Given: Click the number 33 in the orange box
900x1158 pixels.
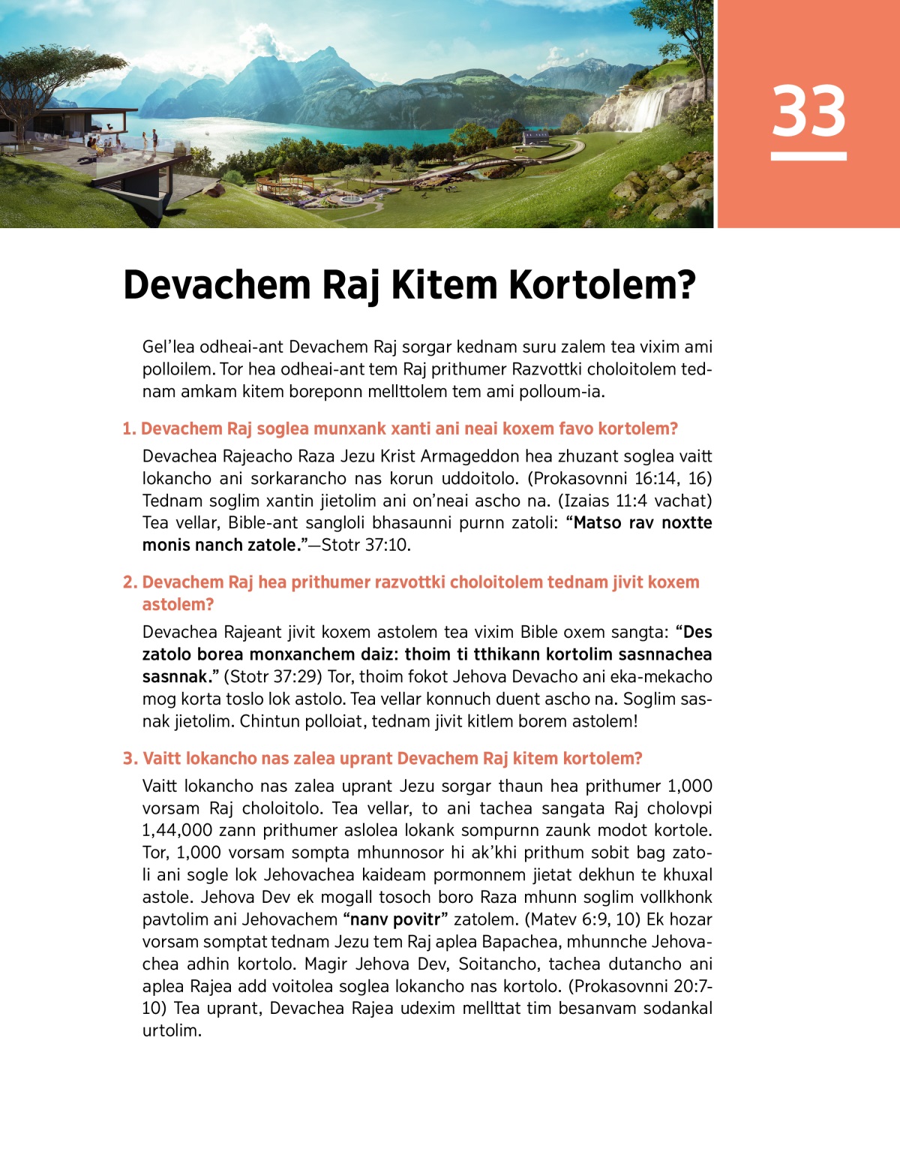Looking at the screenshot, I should point(808,111).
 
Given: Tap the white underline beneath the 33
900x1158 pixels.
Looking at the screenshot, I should point(808,156).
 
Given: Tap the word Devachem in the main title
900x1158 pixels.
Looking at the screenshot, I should point(217,285).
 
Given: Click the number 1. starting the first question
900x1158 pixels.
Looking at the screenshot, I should point(130,429).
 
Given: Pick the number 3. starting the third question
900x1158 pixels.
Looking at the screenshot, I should point(130,759).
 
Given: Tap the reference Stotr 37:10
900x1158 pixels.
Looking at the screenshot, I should point(366,545).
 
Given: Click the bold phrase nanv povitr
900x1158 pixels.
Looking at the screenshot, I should point(395,919).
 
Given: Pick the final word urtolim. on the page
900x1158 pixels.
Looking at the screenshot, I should point(172,1030).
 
